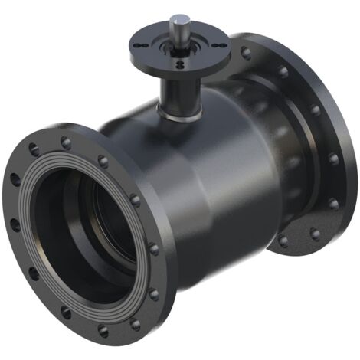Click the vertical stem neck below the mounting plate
175,92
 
